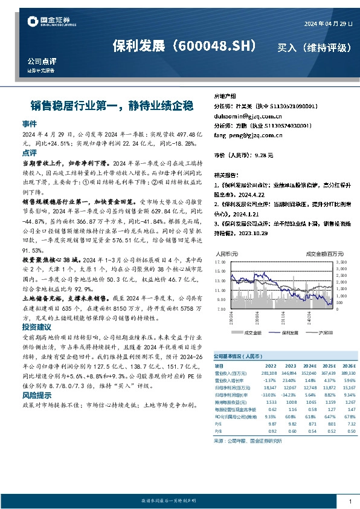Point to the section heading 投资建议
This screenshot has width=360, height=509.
37,326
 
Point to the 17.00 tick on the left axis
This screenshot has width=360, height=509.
220,262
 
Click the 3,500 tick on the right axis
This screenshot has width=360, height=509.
341,262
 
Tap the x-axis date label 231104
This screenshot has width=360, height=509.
283,317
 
